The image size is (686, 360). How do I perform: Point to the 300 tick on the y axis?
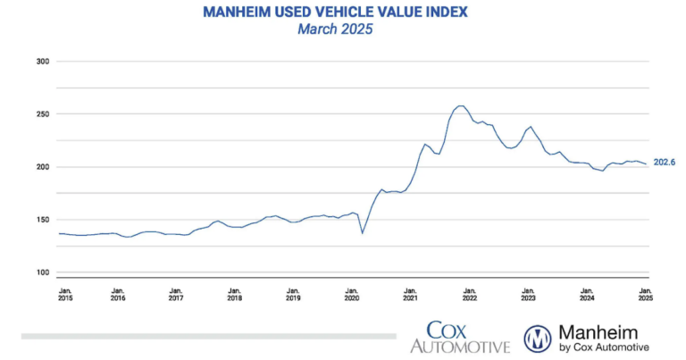click(x=41, y=62)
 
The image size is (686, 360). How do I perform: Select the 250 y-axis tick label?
click(x=41, y=114)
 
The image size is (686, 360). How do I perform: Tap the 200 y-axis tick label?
click(x=41, y=167)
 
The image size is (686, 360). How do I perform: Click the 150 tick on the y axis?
click(x=41, y=220)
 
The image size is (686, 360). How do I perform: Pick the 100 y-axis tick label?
click(x=41, y=272)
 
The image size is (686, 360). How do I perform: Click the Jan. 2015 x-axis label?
click(x=66, y=295)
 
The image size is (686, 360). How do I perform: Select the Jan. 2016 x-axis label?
click(x=117, y=295)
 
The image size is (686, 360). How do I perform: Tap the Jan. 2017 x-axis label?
click(x=176, y=295)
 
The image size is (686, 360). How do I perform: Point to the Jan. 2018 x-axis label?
click(x=234, y=295)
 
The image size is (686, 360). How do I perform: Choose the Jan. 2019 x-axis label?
click(x=293, y=295)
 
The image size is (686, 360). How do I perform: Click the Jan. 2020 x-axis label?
click(x=351, y=295)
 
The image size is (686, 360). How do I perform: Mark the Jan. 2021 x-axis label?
click(x=410, y=295)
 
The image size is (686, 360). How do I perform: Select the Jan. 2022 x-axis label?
click(x=469, y=295)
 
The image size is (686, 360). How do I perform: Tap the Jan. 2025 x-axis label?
click(x=644, y=295)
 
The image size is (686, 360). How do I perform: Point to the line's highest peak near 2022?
click(x=460, y=105)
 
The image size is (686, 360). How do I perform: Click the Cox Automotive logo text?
click(x=460, y=338)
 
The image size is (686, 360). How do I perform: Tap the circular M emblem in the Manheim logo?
click(x=537, y=339)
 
